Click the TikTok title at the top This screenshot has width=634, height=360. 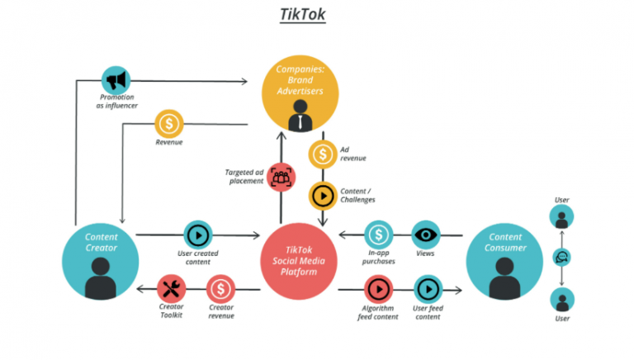tap(302, 15)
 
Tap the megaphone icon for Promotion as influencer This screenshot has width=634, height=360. tap(116, 80)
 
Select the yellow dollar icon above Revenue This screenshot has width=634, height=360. tap(169, 124)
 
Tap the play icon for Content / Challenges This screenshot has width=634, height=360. tap(322, 196)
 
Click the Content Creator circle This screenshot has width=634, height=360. tap(101, 261)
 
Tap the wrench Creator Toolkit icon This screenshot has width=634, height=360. tap(172, 288)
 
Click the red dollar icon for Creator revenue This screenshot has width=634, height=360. tap(220, 288)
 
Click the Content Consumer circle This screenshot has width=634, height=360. tap(504, 261)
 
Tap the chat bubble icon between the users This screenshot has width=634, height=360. tap(561, 258)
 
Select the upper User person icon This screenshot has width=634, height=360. tap(561, 216)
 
